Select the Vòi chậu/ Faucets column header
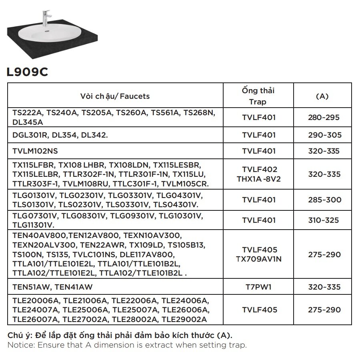pos(115,96)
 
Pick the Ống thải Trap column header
pos(258,96)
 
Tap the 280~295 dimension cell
pos(324,118)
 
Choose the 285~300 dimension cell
pos(324,200)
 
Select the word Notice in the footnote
pos(19,345)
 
